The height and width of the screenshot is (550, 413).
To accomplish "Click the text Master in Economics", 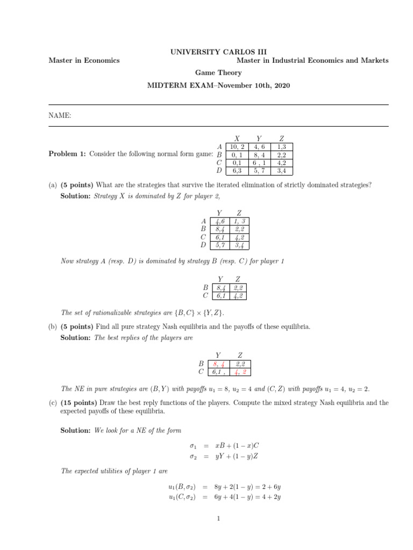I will pos(84,61).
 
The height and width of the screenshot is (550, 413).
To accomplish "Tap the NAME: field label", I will pos(60,115).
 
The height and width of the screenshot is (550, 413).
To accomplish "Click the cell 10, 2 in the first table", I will pos(237,147).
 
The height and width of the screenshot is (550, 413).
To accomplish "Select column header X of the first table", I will pos(237,139).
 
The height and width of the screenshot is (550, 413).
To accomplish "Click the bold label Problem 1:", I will pos(67,155).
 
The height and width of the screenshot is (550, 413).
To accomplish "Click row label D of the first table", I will pos(219,171).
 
